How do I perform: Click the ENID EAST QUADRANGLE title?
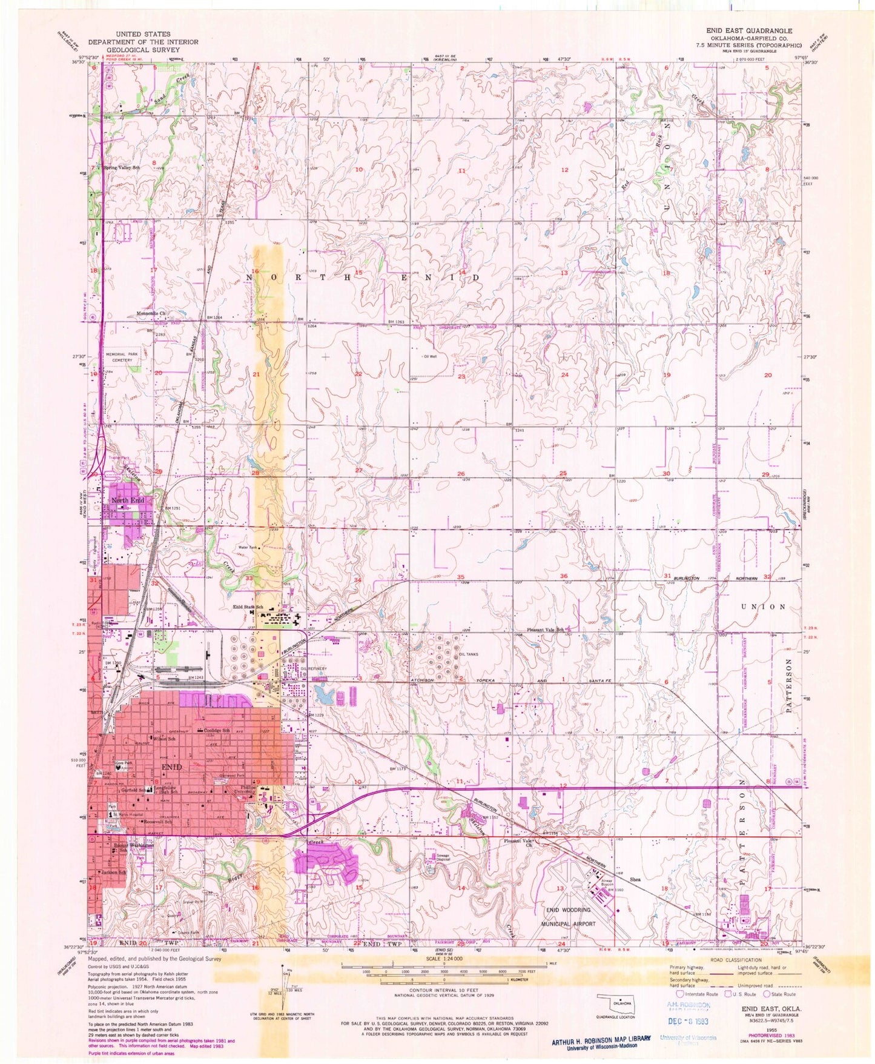(x=748, y=30)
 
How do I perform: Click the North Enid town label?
(x=128, y=500)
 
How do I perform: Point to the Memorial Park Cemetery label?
(x=119, y=357)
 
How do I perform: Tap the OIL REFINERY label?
(x=315, y=668)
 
